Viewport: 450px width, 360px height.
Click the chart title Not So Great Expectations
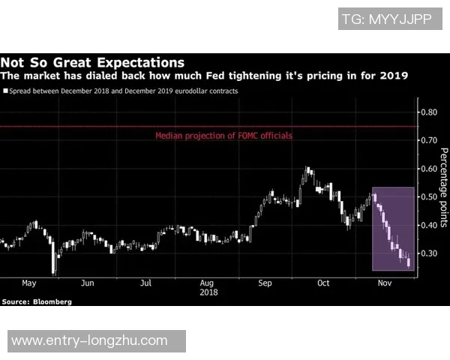[92, 62]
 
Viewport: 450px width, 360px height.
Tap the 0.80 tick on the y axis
[428, 112]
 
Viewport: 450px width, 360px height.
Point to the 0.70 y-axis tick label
[428, 140]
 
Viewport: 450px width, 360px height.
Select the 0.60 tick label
[428, 169]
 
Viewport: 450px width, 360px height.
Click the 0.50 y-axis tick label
[428, 196]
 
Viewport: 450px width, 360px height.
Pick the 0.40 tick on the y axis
[428, 225]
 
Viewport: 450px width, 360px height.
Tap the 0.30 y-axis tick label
[428, 253]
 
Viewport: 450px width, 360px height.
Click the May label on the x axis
[28, 283]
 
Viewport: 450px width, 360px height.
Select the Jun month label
[87, 283]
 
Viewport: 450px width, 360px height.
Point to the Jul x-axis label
[145, 283]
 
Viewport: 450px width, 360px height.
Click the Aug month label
[208, 283]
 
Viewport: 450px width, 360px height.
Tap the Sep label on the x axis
[265, 283]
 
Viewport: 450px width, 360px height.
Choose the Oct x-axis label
[323, 283]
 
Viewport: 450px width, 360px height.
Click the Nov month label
[384, 283]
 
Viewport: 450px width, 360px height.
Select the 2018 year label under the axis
[208, 292]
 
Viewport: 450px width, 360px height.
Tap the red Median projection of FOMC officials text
[223, 136]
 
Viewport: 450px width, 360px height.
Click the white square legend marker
[4, 91]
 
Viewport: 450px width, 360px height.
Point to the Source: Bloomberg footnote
[37, 301]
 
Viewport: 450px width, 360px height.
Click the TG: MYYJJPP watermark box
[386, 19]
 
